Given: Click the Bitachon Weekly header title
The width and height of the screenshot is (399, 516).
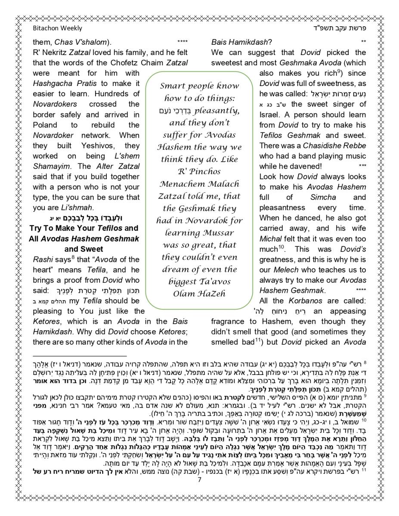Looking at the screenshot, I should tap(57, 28).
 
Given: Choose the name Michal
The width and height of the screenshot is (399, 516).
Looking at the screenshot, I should tap(270, 238).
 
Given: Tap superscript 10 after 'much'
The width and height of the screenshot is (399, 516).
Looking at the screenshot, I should tap(281, 246).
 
